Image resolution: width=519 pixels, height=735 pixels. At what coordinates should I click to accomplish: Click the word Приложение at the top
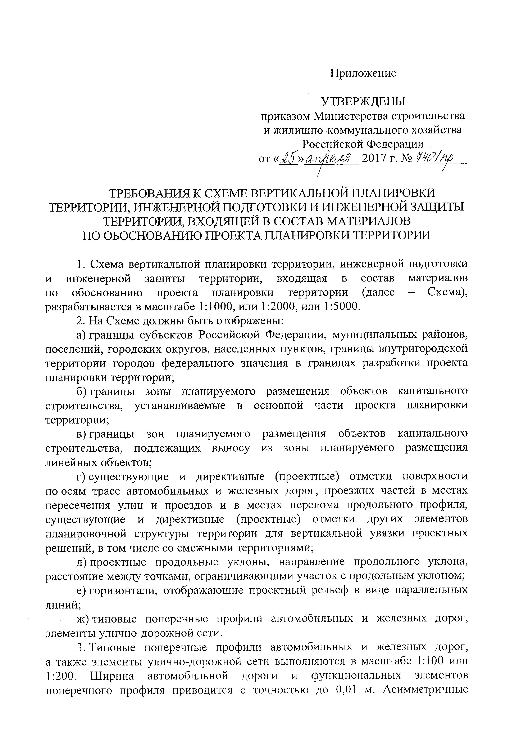[363, 73]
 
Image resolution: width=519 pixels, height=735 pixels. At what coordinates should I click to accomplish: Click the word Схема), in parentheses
[447, 293]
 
